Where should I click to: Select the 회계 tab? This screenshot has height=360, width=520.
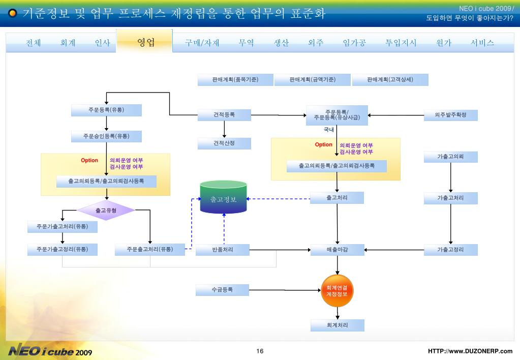(x=68, y=43)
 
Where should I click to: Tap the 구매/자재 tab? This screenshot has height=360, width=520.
(x=202, y=43)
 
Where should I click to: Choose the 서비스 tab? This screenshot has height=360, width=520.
(x=482, y=43)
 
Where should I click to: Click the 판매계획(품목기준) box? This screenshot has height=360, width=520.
(x=235, y=80)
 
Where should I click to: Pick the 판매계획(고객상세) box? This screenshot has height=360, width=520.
(x=390, y=80)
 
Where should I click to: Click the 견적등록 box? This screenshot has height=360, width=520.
(x=224, y=115)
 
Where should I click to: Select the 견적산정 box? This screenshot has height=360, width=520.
(x=224, y=143)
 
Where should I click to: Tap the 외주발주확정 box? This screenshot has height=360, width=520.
(x=451, y=115)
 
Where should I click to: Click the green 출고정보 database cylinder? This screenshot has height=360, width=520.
(x=224, y=197)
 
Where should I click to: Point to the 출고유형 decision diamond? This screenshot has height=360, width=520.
(x=106, y=211)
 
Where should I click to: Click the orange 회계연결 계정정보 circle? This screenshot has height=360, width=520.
(x=338, y=291)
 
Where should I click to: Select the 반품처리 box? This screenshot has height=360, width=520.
(x=223, y=250)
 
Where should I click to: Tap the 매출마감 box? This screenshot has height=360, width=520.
(x=338, y=250)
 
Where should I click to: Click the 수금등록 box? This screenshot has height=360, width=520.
(x=222, y=290)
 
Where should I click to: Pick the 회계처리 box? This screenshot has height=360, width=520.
(x=338, y=325)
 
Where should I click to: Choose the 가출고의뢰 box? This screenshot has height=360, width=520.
(x=451, y=157)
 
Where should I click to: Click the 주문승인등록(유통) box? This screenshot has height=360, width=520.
(x=106, y=136)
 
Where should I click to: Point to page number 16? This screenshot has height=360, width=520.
(x=260, y=351)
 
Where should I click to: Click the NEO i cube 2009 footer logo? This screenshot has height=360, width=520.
(x=50, y=350)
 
